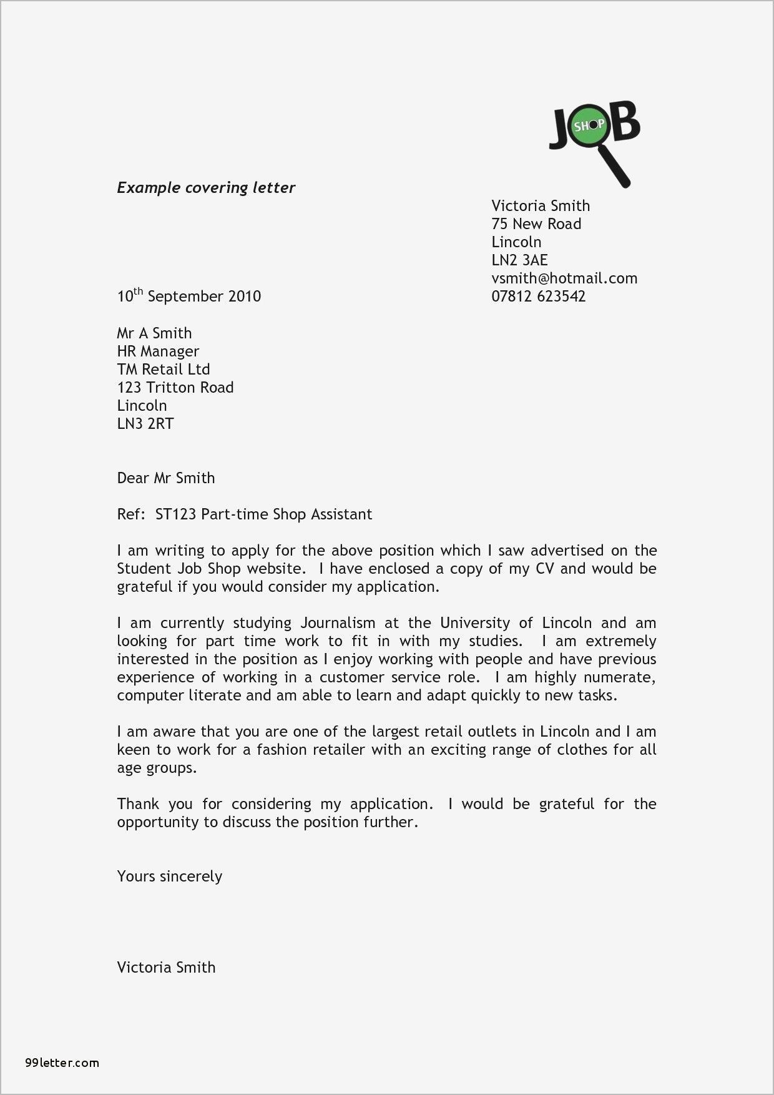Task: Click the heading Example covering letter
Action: pyautogui.click(x=206, y=188)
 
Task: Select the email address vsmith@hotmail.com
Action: pyautogui.click(x=564, y=278)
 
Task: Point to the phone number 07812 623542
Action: pyautogui.click(x=538, y=297)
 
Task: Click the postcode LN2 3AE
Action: pyautogui.click(x=519, y=260)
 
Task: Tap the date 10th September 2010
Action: pyautogui.click(x=189, y=296)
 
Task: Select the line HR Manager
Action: pyautogui.click(x=158, y=351)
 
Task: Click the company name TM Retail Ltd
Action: pyautogui.click(x=164, y=370)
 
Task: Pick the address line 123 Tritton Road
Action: pyautogui.click(x=175, y=388)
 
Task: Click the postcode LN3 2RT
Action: pyautogui.click(x=145, y=424)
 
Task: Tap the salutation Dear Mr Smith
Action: pyautogui.click(x=166, y=478)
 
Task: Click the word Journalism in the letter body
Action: pyautogui.click(x=338, y=623)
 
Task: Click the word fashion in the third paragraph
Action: pyautogui.click(x=280, y=750)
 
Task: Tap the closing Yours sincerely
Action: pyautogui.click(x=170, y=876)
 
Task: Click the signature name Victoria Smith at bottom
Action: pyautogui.click(x=166, y=968)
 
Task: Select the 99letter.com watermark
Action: pyautogui.click(x=62, y=1063)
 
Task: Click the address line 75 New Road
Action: pyautogui.click(x=536, y=224)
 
